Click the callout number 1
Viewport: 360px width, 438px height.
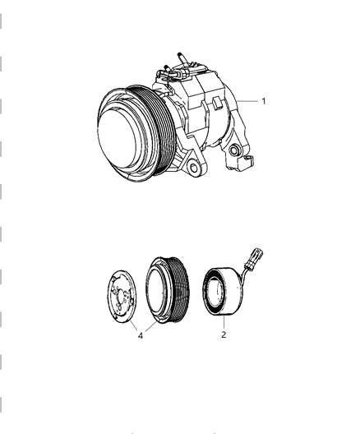coord(263,102)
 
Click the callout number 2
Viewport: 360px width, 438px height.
coord(224,334)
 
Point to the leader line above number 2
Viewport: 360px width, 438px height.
coord(223,322)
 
